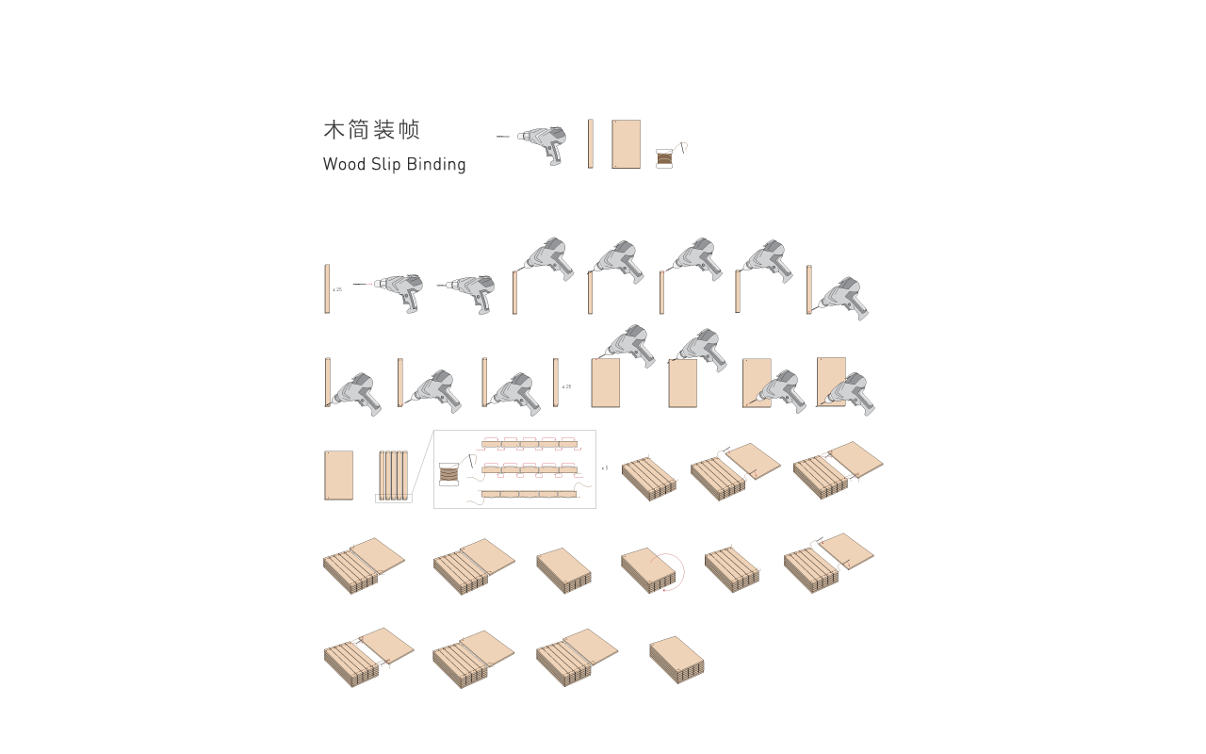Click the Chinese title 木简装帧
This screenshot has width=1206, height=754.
click(371, 130)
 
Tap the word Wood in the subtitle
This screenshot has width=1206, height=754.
click(344, 164)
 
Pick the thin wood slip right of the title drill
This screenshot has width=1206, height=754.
click(591, 143)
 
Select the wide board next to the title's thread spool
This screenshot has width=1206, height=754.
click(626, 143)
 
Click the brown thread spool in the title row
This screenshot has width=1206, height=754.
click(664, 158)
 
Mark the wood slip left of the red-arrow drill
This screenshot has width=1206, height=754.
click(328, 288)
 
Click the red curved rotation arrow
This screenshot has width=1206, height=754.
click(676, 571)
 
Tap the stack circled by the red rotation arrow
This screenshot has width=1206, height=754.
click(647, 570)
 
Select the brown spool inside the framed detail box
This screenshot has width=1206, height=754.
click(448, 474)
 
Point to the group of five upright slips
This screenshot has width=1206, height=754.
click(393, 475)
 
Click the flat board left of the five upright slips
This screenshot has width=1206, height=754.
click(339, 475)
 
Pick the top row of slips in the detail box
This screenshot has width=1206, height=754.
click(529, 443)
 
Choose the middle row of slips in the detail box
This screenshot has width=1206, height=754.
click(529, 468)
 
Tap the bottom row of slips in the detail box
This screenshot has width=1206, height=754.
click(529, 493)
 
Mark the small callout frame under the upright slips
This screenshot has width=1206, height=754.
click(394, 499)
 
